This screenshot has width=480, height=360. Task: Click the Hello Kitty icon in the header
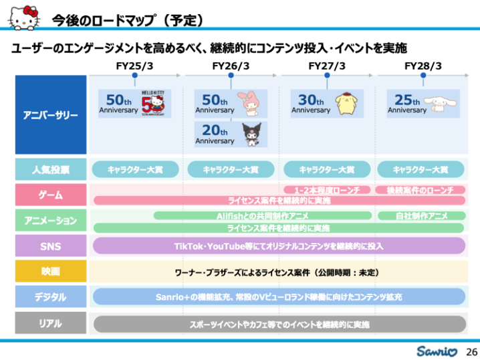(x=23, y=17)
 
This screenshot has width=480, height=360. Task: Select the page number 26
(x=471, y=351)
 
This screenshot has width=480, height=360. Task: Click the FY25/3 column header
(x=134, y=66)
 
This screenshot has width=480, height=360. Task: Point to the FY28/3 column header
(x=423, y=66)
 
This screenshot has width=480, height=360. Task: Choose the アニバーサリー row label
(x=51, y=115)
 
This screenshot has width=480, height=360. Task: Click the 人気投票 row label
(x=51, y=169)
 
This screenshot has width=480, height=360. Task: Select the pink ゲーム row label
(x=51, y=195)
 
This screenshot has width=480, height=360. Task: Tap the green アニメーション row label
(x=51, y=220)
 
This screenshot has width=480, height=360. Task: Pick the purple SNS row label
(x=51, y=246)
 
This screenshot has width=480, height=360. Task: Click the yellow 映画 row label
(x=51, y=272)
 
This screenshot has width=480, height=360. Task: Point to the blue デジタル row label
(x=51, y=296)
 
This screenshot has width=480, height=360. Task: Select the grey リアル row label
(x=51, y=323)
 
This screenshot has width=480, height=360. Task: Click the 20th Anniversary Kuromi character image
(x=253, y=132)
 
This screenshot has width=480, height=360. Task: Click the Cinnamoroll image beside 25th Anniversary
(x=445, y=104)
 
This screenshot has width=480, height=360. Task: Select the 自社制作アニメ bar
(x=421, y=215)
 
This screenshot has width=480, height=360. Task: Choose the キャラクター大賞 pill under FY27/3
(x=327, y=169)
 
